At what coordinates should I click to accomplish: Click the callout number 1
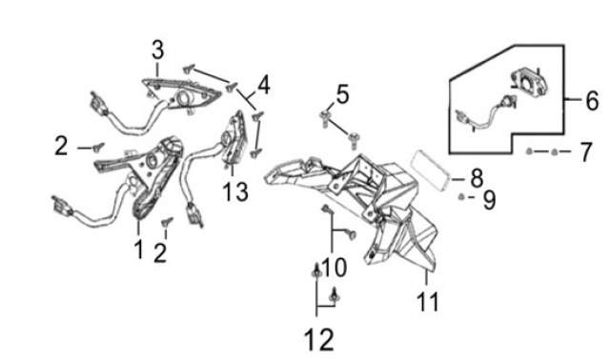point(139,249)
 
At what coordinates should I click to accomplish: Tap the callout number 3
point(157,50)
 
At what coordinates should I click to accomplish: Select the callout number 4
point(263,85)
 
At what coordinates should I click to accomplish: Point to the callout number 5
point(342,94)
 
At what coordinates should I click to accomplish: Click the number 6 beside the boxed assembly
point(592,101)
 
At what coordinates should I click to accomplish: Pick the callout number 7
point(585,151)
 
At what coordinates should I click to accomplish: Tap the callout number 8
point(477,178)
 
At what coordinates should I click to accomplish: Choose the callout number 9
point(489,200)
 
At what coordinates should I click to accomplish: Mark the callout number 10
point(335,268)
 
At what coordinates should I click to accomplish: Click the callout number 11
point(428,301)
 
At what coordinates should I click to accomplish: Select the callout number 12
point(319,339)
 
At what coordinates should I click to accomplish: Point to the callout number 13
point(235,191)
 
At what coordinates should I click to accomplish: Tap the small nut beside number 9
point(461,197)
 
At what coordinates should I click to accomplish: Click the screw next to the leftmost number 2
point(97,148)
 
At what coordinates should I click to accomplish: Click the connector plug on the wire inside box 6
point(462,116)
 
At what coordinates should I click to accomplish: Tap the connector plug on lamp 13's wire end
point(194,214)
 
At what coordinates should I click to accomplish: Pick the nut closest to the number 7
point(555,151)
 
